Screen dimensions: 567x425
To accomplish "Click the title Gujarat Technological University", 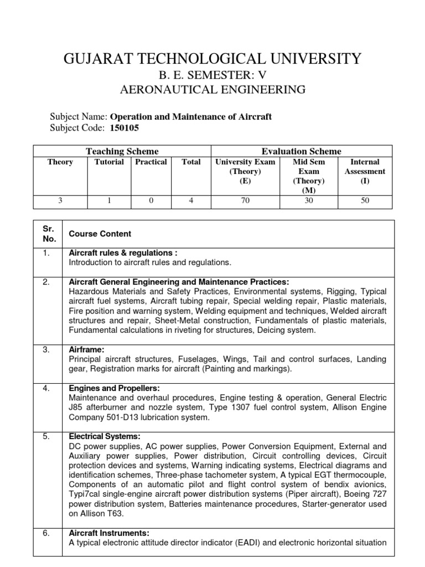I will click(x=213, y=58).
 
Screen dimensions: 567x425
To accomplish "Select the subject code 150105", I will click(x=125, y=128).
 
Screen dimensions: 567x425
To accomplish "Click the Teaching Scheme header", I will click(x=122, y=151).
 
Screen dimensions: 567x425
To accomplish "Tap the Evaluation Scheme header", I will click(x=302, y=151).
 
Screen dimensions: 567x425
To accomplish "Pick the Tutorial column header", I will click(x=109, y=162).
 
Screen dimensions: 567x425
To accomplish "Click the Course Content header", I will click(x=100, y=234).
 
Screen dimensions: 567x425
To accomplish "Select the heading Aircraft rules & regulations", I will click(x=123, y=252).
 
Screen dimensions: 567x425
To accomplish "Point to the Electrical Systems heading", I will click(x=105, y=436).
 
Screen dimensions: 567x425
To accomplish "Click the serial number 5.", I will click(x=46, y=436).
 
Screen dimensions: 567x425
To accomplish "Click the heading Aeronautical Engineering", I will click(x=213, y=89).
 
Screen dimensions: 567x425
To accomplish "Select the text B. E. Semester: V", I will click(x=213, y=74).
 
